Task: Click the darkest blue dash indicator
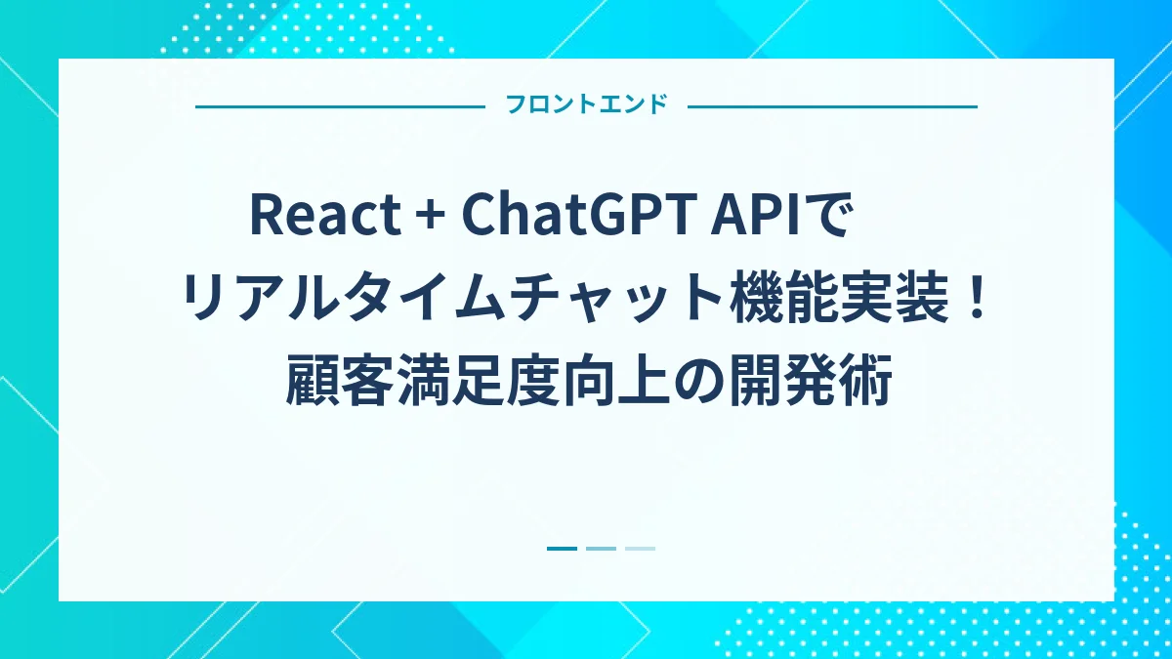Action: pos(562,549)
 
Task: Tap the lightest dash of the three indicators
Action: pos(640,549)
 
